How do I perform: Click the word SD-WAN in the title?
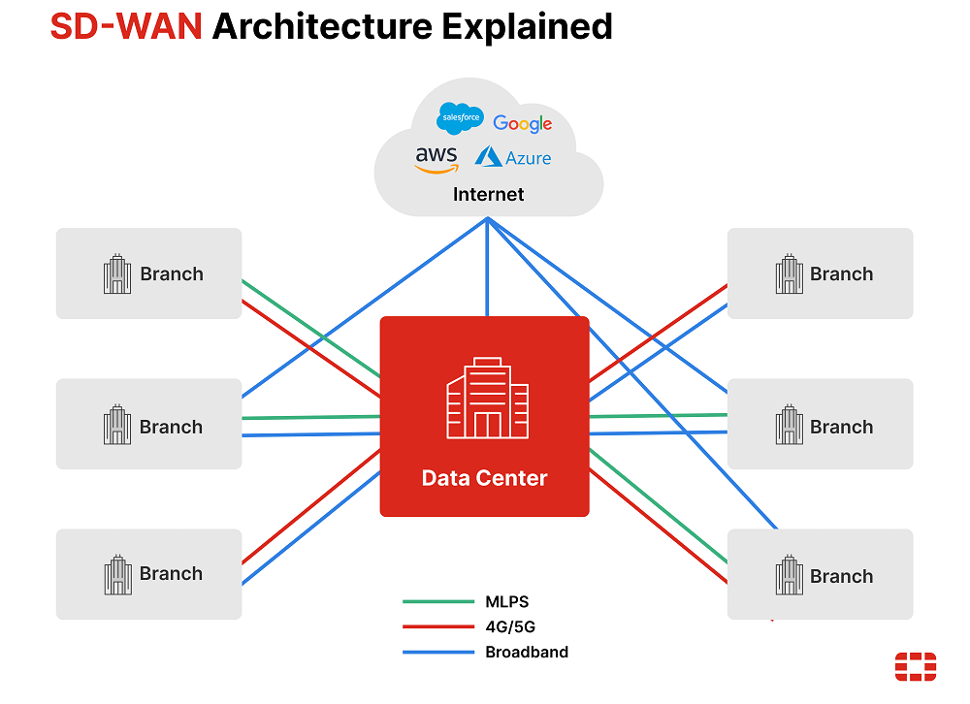pos(125,26)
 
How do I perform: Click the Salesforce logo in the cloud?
pos(460,118)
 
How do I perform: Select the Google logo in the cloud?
pos(522,123)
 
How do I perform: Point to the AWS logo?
pos(436,159)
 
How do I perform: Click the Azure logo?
pos(513,157)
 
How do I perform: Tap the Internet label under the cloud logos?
pos(488,194)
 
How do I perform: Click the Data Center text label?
pos(484,478)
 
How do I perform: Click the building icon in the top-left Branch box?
pos(117,274)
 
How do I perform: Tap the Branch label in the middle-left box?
pos(172,427)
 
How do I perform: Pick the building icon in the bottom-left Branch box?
pos(117,574)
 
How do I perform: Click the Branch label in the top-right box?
pos(841,274)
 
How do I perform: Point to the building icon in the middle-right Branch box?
pos(789,426)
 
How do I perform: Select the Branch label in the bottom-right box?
pos(841,577)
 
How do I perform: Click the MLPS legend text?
pos(507,601)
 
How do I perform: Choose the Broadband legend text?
pos(527,652)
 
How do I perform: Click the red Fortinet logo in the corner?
pos(915,667)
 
